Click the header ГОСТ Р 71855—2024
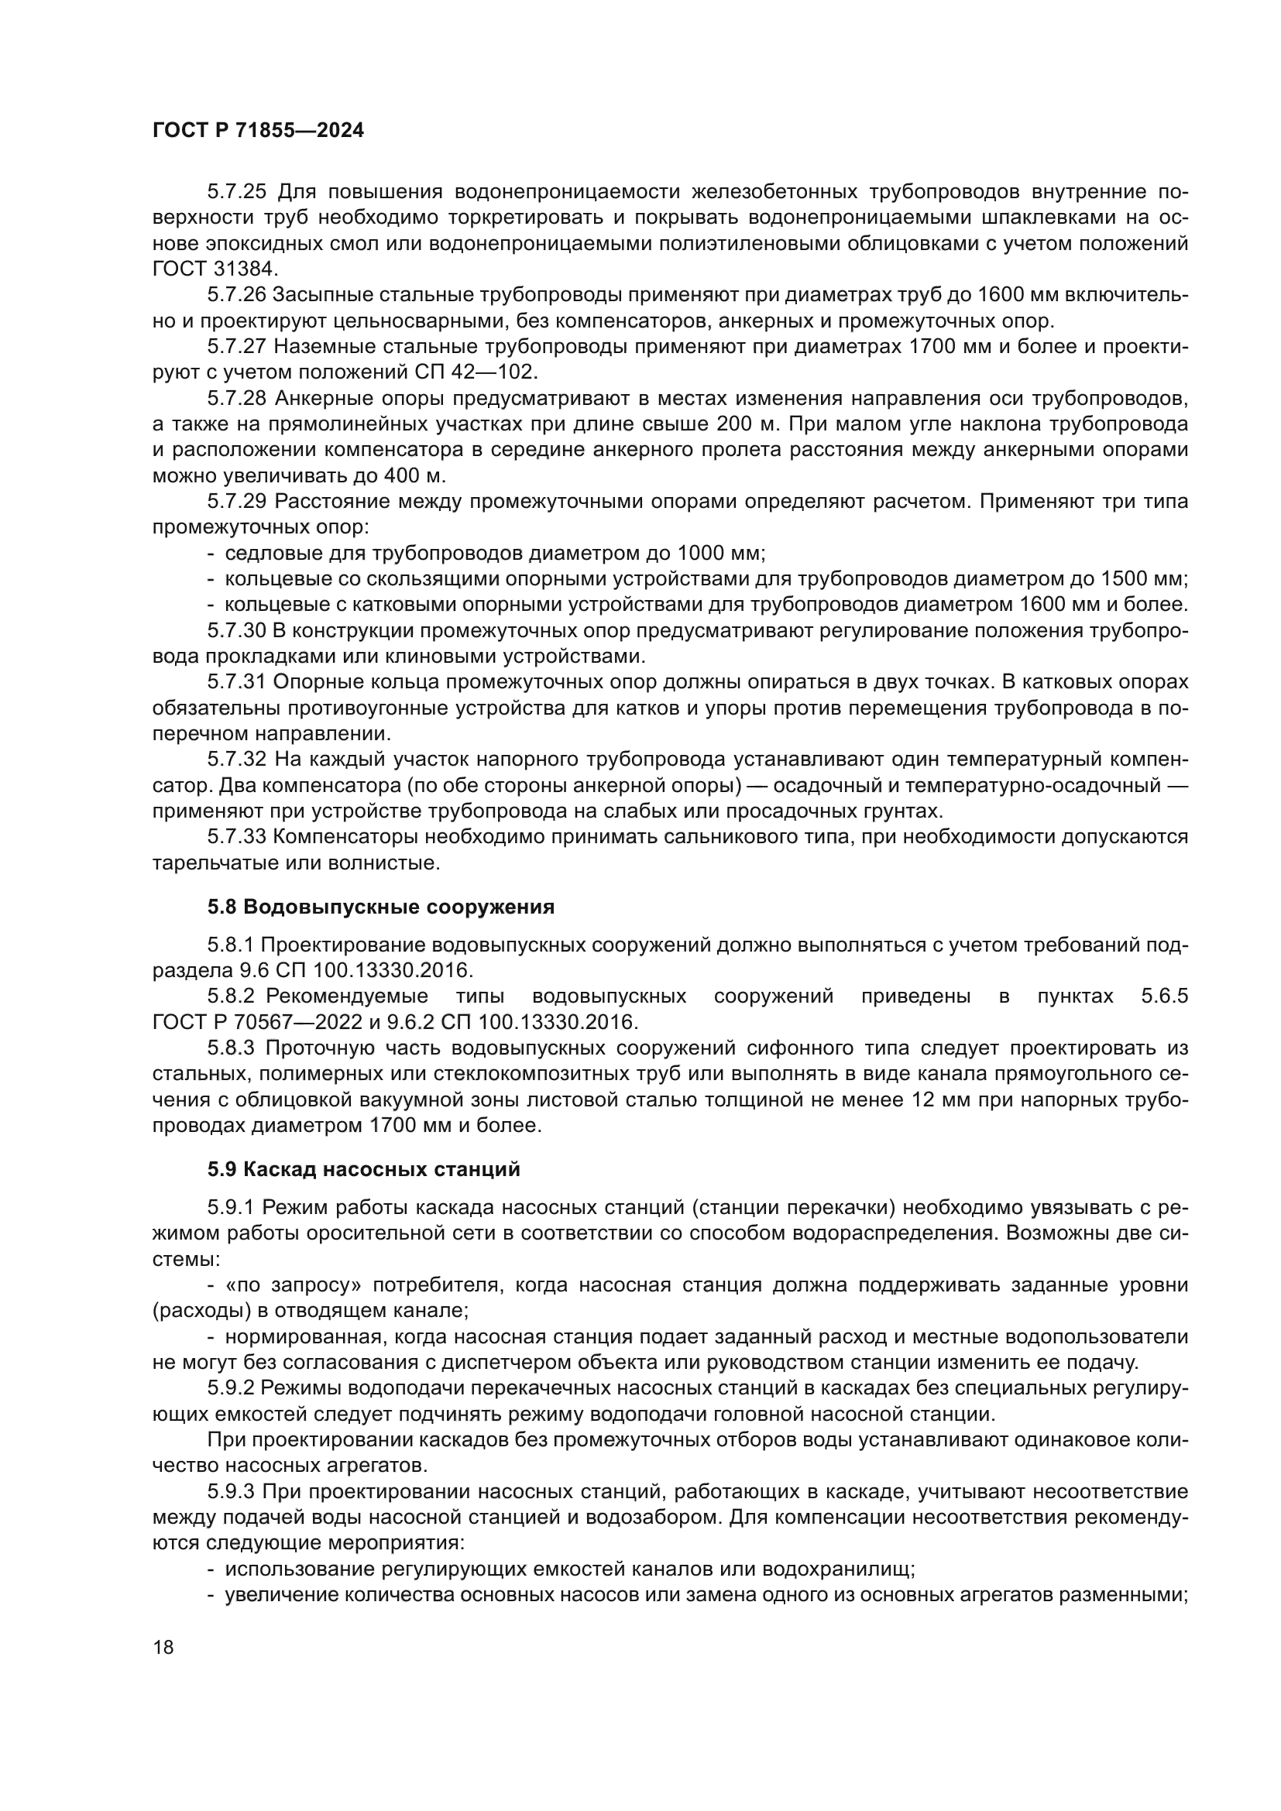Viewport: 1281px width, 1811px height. [x=258, y=131]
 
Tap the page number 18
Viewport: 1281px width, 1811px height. [x=163, y=1646]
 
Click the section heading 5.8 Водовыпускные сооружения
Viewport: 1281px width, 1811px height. [x=381, y=907]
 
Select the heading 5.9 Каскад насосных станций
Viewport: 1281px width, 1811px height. [x=364, y=1169]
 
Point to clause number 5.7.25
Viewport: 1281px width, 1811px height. [x=238, y=192]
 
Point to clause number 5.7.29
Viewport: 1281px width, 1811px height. [x=238, y=502]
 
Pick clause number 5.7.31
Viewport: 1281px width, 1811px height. [x=238, y=681]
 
